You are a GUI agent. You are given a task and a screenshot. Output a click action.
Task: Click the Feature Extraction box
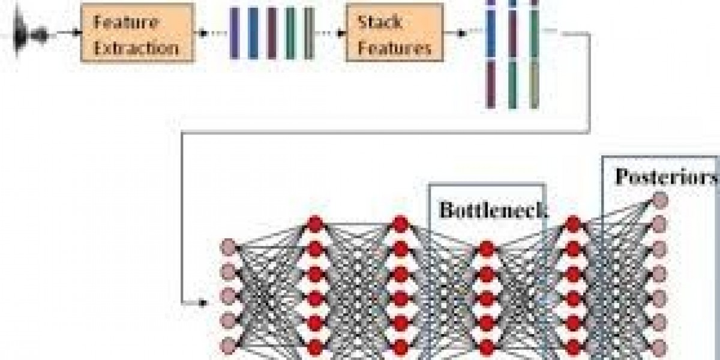[x=137, y=34]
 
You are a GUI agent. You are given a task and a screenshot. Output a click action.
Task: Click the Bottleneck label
[x=486, y=210]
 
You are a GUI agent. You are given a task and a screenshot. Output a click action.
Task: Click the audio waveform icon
[x=27, y=33]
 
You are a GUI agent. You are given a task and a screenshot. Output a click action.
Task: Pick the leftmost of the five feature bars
[x=235, y=33]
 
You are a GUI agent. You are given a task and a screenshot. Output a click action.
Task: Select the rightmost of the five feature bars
[x=308, y=33]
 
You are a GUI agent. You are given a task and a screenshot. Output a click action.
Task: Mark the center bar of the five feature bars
[x=272, y=33]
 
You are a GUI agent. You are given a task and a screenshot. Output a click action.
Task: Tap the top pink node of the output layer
[x=659, y=199]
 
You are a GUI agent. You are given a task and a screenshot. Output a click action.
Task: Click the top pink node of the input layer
[x=228, y=246]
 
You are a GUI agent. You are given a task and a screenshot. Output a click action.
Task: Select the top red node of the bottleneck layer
[x=487, y=247]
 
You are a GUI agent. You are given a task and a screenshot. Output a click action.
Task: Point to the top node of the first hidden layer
[x=315, y=223]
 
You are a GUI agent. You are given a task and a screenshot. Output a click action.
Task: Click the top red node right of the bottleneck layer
[x=573, y=223]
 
